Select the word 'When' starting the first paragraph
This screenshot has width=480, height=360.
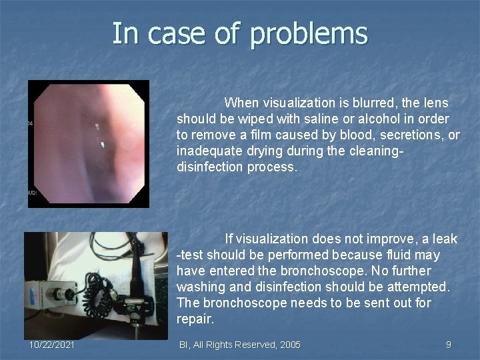[x=242, y=103]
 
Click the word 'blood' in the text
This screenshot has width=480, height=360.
[x=351, y=135]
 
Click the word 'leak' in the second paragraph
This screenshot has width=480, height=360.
[x=445, y=239]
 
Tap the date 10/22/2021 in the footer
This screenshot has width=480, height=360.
[x=52, y=345]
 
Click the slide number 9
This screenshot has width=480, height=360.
[x=448, y=345]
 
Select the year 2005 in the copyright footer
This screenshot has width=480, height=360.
[x=289, y=345]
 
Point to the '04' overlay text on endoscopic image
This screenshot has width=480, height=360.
[x=31, y=124]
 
